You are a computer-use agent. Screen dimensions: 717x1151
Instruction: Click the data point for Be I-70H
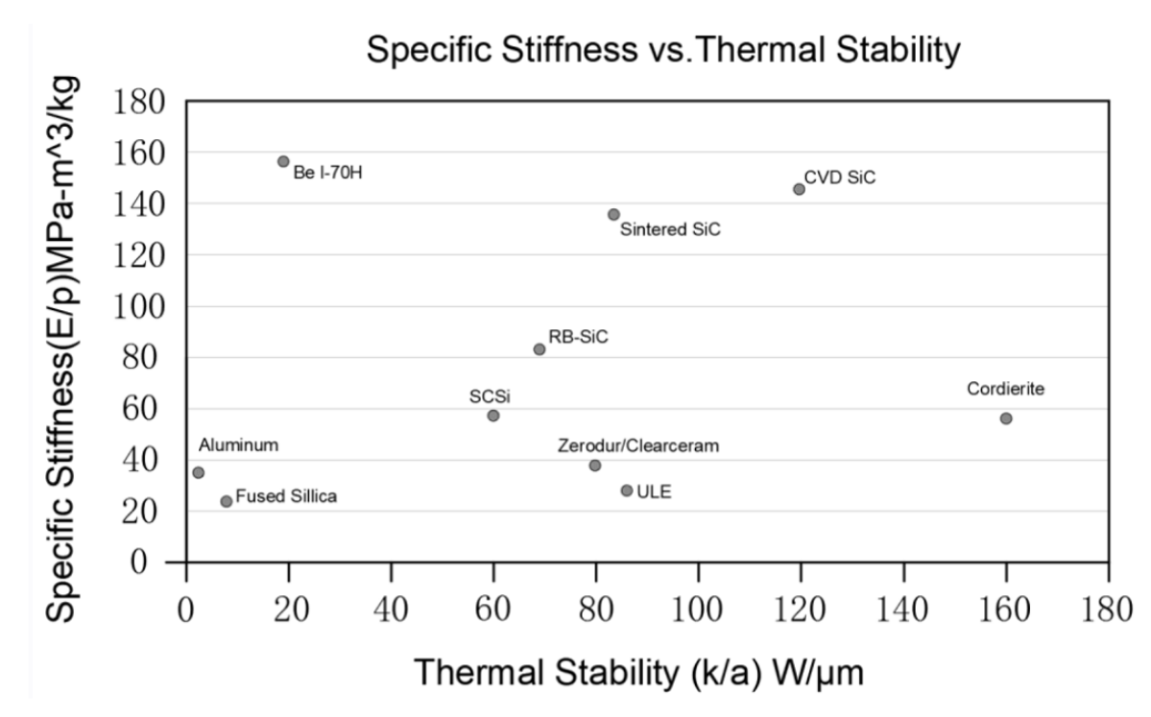point(283,161)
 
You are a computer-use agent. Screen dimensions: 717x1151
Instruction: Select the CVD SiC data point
point(799,189)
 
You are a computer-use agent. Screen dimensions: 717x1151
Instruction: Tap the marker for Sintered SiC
point(613,214)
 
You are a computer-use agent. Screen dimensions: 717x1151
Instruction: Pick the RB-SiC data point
point(540,349)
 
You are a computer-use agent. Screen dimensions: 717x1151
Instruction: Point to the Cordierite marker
point(1006,418)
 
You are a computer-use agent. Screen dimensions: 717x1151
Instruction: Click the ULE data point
point(627,490)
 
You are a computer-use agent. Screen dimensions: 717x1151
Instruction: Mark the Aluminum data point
point(199,472)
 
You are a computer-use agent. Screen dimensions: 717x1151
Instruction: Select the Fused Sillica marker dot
point(227,501)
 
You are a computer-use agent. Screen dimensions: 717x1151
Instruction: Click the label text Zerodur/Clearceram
point(638,445)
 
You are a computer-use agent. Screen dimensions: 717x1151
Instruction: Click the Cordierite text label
point(1005,389)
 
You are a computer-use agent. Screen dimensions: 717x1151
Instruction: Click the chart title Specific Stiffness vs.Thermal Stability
point(663,51)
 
